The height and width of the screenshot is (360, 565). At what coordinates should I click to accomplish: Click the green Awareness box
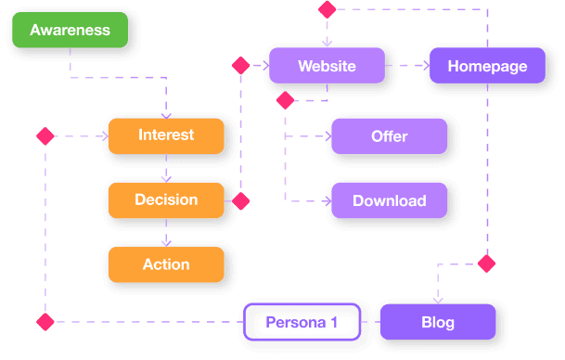pyautogui.click(x=70, y=31)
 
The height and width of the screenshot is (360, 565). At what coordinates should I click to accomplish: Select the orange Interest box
pyautogui.click(x=166, y=135)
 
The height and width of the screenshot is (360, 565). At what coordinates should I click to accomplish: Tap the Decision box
pyautogui.click(x=166, y=199)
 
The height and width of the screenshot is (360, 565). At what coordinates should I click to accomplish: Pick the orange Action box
pyautogui.click(x=166, y=264)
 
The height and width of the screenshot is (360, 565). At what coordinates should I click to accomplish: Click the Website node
pyautogui.click(x=326, y=66)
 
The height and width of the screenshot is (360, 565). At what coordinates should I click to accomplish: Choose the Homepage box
pyautogui.click(x=487, y=66)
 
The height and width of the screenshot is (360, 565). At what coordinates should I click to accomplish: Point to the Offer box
pyautogui.click(x=389, y=136)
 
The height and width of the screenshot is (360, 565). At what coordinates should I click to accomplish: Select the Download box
pyautogui.click(x=389, y=200)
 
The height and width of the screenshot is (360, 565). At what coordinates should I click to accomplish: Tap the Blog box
pyautogui.click(x=438, y=323)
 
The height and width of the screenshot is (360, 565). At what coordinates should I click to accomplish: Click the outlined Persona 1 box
pyautogui.click(x=301, y=323)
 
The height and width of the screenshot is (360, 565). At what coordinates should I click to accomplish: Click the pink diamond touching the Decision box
pyautogui.click(x=240, y=200)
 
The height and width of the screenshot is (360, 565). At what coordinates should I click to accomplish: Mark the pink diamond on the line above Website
pyautogui.click(x=326, y=9)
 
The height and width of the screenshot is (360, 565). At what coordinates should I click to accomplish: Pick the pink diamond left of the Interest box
pyautogui.click(x=45, y=136)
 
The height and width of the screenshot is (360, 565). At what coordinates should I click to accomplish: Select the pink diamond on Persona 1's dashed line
pyautogui.click(x=45, y=322)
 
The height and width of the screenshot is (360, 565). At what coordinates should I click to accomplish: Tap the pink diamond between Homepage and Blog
pyautogui.click(x=486, y=264)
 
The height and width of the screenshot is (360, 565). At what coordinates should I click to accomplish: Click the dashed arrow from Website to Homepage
pyautogui.click(x=406, y=66)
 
